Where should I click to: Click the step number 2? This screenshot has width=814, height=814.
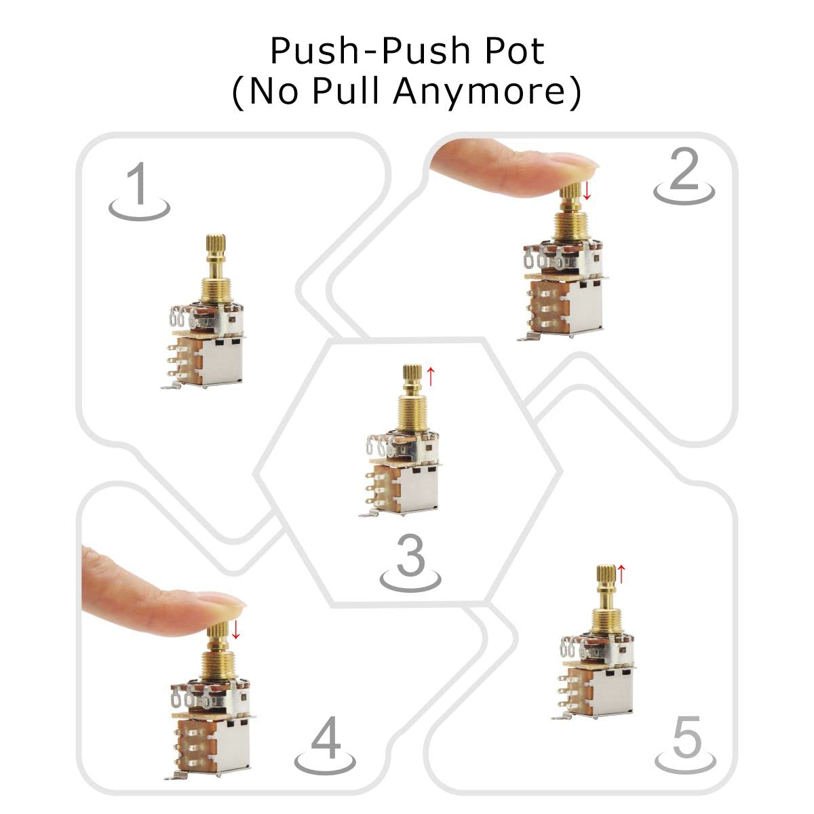point(684,171)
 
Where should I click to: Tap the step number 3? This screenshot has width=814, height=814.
point(410,556)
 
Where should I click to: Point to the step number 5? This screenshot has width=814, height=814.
point(686,739)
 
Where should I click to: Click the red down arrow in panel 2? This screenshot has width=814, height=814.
point(587,190)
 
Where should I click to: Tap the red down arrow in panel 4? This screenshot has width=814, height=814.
point(235,629)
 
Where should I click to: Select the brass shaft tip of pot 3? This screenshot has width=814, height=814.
point(412,374)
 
